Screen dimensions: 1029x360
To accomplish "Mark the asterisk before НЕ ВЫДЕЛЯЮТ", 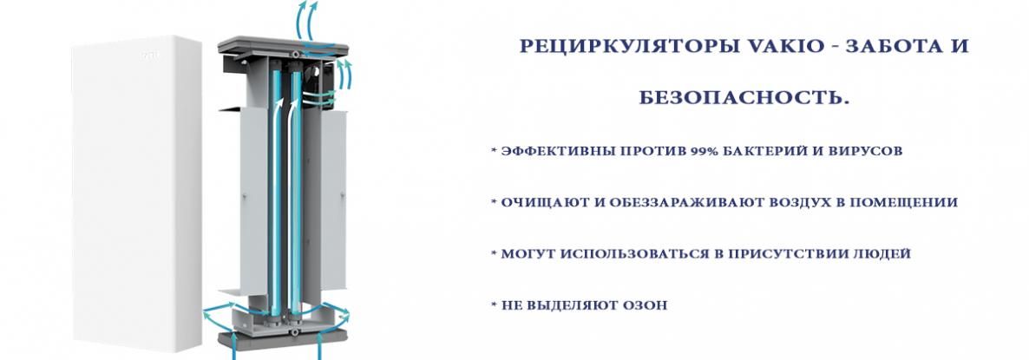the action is pyautogui.click(x=495, y=304).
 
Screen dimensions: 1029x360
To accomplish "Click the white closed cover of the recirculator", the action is pyautogui.click(x=136, y=193).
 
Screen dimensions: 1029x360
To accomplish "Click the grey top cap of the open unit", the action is pyautogui.click(x=283, y=47).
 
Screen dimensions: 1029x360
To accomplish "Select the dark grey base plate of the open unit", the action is pyautogui.click(x=283, y=339).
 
